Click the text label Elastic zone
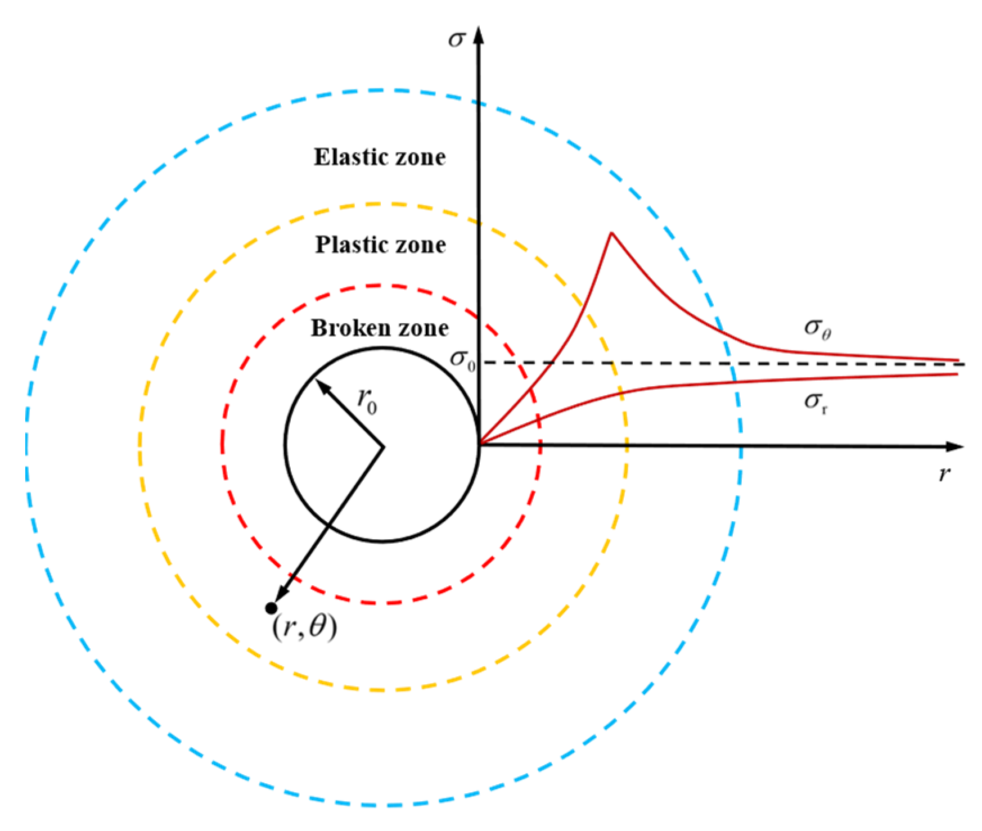(380, 157)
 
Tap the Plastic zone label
(381, 245)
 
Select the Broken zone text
(380, 328)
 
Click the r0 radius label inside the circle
(367, 401)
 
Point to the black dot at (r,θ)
(271, 608)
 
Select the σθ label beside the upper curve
(817, 328)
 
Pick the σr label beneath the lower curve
(816, 401)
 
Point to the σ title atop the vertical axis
(457, 38)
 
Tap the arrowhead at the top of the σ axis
(479, 35)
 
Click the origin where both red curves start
(479, 444)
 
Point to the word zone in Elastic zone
(420, 157)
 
